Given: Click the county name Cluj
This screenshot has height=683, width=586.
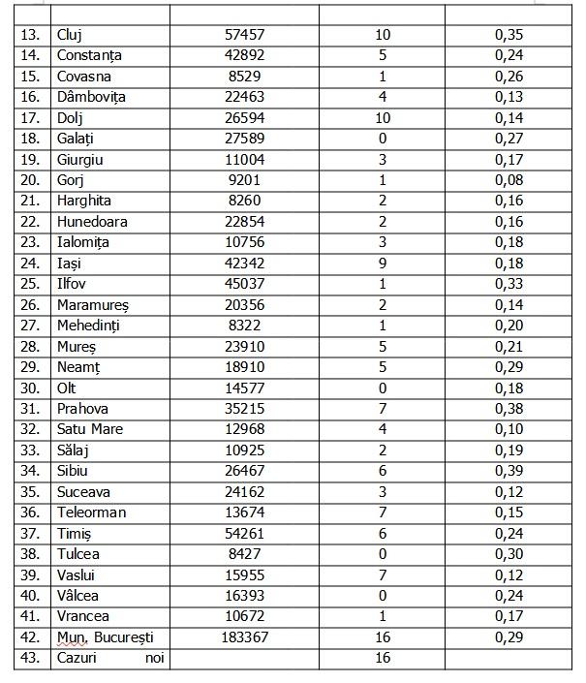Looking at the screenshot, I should tap(71, 35).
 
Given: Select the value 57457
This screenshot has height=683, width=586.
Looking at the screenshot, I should tap(244, 35).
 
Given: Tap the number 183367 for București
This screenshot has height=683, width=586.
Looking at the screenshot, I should tap(244, 637).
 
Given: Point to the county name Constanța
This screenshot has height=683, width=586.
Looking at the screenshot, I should tap(89, 55).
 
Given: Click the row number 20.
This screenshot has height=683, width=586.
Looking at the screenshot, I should tap(31, 180).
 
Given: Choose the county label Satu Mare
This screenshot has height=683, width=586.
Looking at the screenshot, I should tap(90, 429).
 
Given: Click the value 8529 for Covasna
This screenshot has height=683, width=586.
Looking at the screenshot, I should tap(244, 77).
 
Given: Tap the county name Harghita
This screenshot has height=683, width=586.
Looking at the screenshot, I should tap(84, 201).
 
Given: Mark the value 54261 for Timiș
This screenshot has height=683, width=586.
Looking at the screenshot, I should tap(244, 533).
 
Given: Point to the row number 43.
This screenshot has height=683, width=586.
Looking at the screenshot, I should tap(31, 659).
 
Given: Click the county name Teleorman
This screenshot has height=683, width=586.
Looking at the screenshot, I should tap(91, 512).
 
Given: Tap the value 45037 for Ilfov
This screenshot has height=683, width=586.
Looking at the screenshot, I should tap(244, 284).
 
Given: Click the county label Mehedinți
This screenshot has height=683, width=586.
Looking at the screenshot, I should tap(91, 326).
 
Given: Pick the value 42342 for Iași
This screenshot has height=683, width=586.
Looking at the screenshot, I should tap(244, 264).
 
